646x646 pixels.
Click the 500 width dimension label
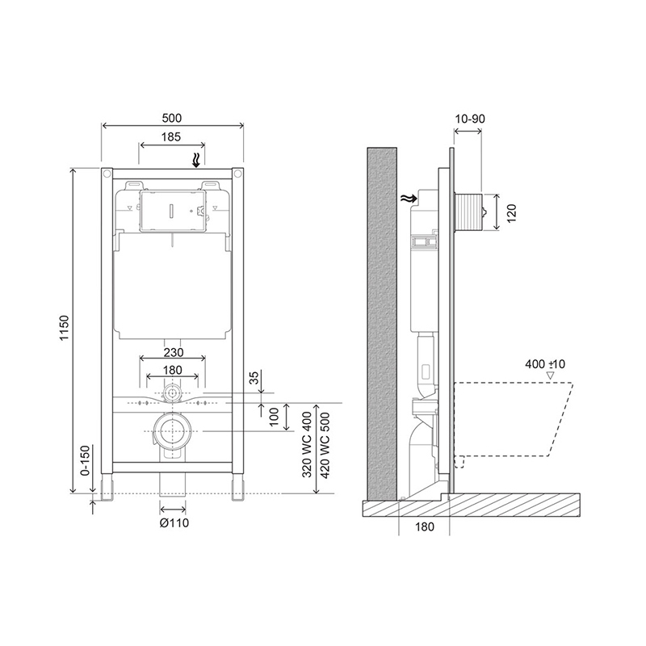pos(172,118)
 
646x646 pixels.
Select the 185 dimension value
pos(171,136)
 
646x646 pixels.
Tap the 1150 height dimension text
pos(65,328)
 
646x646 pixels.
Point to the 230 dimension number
pos(174,353)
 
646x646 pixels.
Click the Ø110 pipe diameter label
pos(174,522)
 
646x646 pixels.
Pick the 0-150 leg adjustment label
pos(85,460)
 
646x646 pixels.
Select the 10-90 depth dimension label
pos(470,119)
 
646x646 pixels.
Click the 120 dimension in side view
pos(511,214)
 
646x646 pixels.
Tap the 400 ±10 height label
pos(545,364)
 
